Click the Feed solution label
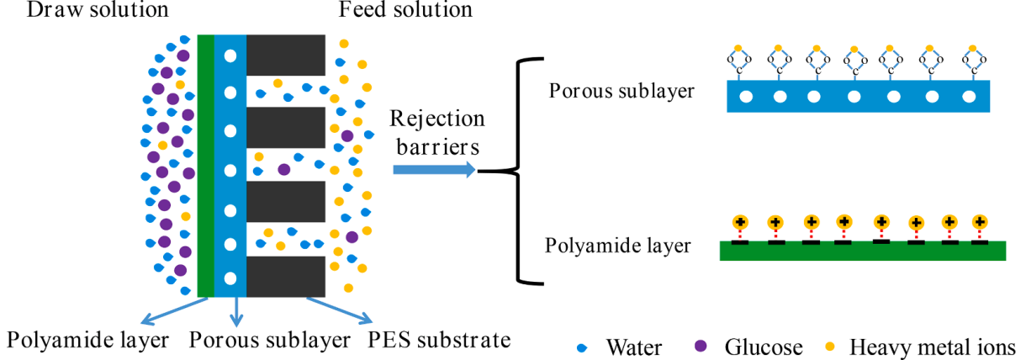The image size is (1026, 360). coord(405,11)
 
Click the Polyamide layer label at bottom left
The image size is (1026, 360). coord(88,341)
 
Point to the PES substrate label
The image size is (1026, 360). coord(439,341)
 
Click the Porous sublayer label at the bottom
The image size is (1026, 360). coord(269,341)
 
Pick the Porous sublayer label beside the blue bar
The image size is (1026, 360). coord(621,90)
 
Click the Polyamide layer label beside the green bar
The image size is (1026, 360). coord(618,246)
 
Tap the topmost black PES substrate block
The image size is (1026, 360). coord(286,55)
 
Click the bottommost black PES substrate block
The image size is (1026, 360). coord(286,275)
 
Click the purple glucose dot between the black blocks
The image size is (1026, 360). coord(285,170)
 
